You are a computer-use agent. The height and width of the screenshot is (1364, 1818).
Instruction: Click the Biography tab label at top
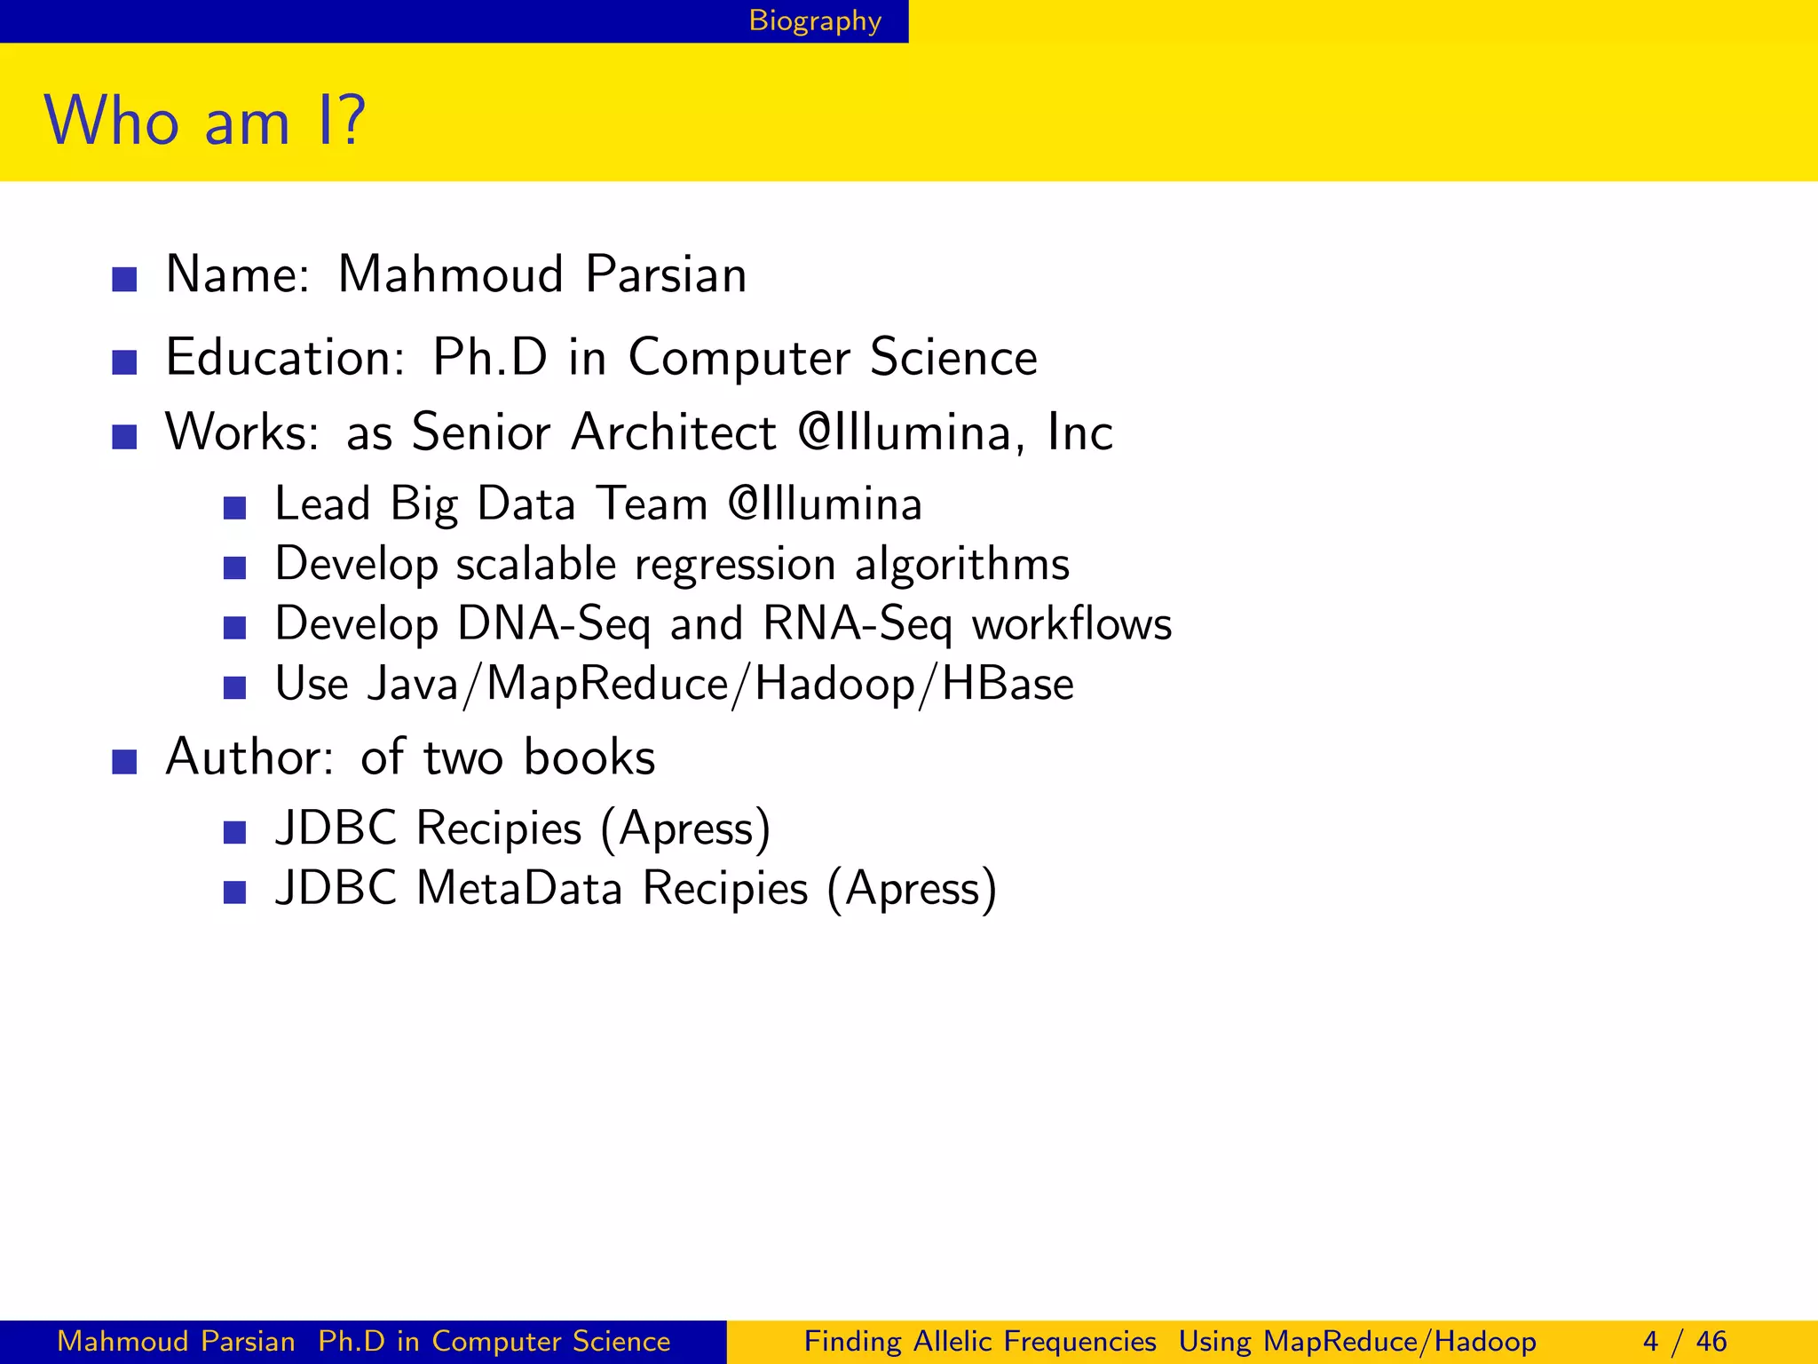815,20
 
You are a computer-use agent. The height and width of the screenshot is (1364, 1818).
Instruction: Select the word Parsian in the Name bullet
666,274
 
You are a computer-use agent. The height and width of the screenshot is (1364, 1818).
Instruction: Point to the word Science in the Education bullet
953,358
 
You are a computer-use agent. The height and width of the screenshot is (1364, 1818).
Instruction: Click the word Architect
674,433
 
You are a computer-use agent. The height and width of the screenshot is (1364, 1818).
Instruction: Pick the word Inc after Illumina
1079,433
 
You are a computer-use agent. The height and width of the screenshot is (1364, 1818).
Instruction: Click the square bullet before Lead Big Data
234,508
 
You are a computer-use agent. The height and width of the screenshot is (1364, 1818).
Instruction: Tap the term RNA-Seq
858,624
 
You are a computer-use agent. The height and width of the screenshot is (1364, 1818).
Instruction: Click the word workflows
1072,624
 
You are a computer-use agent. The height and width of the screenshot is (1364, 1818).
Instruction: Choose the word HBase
1008,685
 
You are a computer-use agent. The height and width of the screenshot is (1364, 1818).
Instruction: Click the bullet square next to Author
124,762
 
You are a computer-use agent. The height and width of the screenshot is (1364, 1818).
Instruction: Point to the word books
589,758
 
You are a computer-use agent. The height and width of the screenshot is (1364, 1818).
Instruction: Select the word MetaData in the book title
519,888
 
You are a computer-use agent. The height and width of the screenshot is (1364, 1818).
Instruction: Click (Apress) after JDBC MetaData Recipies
912,890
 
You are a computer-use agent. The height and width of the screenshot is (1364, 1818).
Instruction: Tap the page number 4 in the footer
1650,1341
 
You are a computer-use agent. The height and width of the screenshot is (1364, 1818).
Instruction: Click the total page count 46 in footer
1711,1341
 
